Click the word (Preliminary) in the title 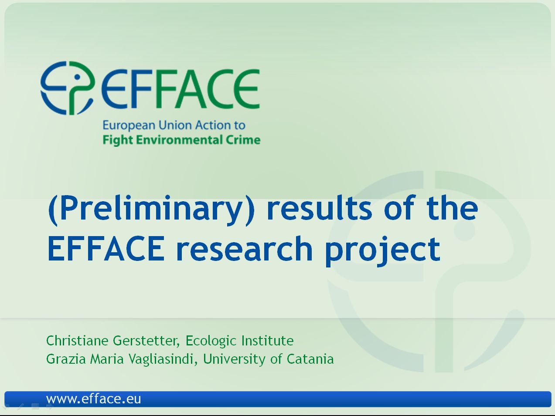pos(151,210)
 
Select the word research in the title pos(245,248)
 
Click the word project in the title pos(383,251)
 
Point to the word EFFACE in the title pos(106,248)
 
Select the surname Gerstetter pos(146,341)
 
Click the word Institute pos(267,341)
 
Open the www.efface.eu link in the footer pos(94,399)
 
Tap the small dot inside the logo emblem pos(77,77)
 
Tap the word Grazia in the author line pos(66,359)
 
